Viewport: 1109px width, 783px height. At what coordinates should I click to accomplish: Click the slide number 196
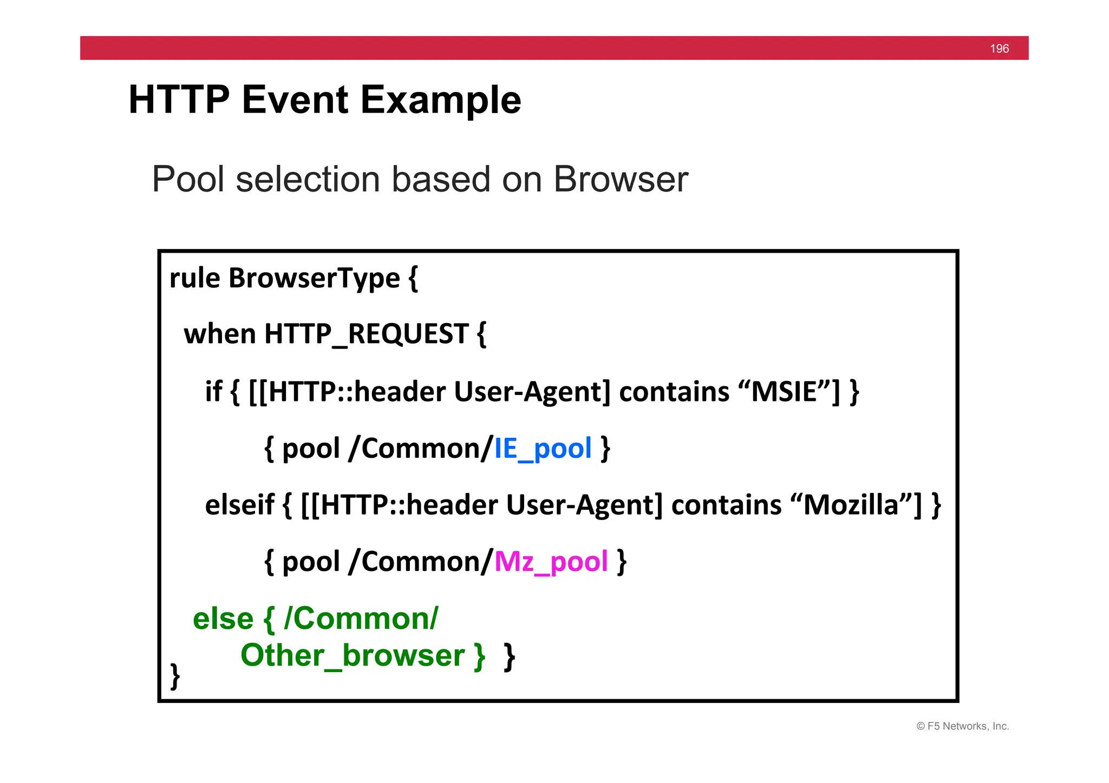click(999, 49)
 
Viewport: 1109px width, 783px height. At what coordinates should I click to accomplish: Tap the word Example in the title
click(440, 101)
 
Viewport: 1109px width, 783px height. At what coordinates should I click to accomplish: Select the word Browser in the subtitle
click(621, 179)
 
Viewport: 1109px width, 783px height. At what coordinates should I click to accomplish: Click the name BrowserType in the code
click(314, 279)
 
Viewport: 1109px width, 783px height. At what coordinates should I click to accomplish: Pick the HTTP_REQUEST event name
click(366, 334)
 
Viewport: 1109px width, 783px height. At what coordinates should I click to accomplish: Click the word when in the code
click(219, 334)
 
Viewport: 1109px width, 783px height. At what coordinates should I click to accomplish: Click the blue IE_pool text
click(543, 449)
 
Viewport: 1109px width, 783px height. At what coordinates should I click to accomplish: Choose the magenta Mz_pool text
click(551, 562)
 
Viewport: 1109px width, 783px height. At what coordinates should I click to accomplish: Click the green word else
click(223, 618)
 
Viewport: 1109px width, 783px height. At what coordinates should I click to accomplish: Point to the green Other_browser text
click(353, 656)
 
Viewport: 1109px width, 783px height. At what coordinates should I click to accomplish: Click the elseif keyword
click(239, 505)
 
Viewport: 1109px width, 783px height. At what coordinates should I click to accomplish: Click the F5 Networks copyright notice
click(962, 726)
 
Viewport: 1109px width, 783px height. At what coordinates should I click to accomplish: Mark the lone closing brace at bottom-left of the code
click(175, 676)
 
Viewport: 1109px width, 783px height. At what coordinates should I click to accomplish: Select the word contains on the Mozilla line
click(726, 505)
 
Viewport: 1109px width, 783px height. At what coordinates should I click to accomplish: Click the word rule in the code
click(194, 279)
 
